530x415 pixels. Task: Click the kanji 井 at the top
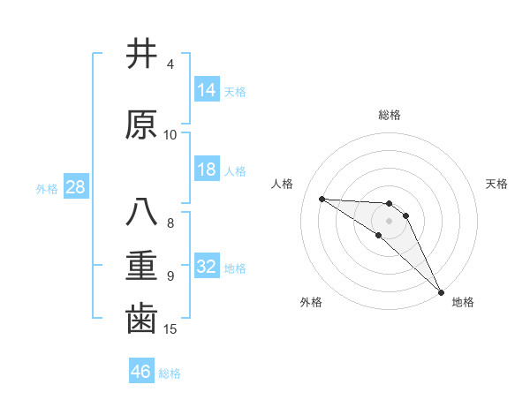[141, 55]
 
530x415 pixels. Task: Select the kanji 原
[141, 124]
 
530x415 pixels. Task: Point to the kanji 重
[141, 265]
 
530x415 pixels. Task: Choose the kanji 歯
[141, 319]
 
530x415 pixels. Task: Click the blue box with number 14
[207, 90]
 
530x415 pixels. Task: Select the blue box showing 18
[207, 170]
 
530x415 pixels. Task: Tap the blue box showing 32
[207, 267]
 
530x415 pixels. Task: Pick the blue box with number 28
[75, 187]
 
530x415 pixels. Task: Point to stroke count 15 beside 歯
[170, 329]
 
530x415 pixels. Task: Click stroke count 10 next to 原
[170, 134]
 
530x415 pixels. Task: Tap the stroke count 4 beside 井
[170, 64]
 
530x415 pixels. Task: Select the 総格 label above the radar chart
[390, 115]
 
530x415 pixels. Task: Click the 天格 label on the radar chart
[497, 184]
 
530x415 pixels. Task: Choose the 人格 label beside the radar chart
[283, 184]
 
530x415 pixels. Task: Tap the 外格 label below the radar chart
[311, 303]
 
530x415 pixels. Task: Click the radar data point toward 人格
[322, 199]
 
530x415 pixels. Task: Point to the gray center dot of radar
[390, 220]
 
